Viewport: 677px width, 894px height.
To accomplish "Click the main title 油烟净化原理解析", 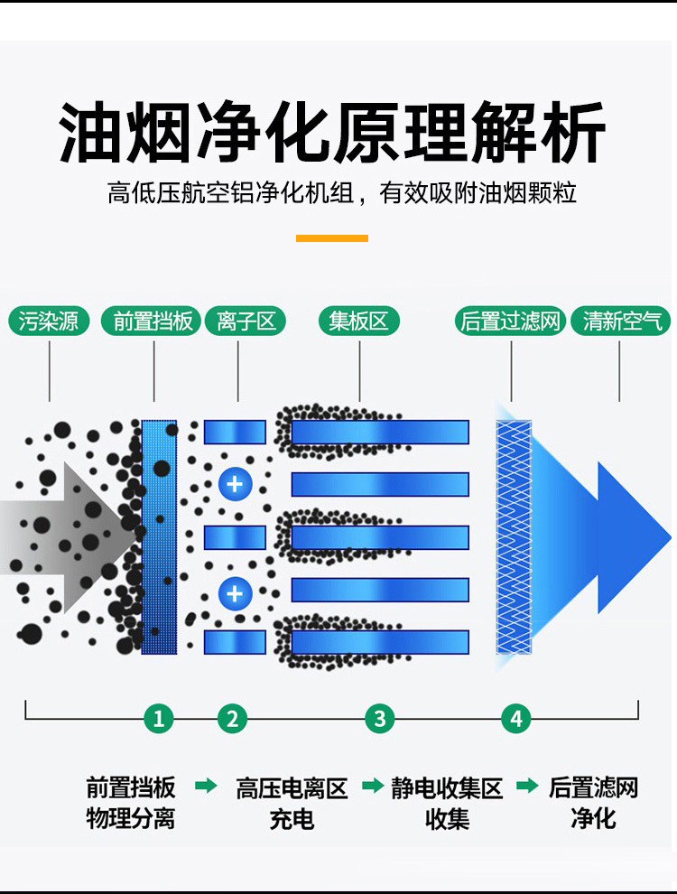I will point(332,134).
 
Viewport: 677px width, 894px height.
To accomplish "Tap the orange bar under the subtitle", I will point(332,238).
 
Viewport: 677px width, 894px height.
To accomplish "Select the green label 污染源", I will point(49,321).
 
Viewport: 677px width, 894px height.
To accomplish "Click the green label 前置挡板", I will point(153,321).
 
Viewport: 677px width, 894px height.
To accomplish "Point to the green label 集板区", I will point(358,321).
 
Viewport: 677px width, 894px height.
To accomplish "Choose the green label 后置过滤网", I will point(511,321).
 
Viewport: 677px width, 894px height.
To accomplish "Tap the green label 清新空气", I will point(621,321).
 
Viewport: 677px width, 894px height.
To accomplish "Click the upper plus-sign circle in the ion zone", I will point(235,483).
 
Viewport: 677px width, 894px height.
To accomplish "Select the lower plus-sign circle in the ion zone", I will point(235,593).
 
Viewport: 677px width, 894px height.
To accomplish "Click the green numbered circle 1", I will point(159,719).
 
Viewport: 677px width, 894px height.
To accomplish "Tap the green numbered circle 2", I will point(232,719).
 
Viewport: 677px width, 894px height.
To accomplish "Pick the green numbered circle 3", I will point(380,719).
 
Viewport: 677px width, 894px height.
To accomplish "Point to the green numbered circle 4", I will point(516,719).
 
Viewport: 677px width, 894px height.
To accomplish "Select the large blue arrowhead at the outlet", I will point(632,537).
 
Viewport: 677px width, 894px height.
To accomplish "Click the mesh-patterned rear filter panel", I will point(514,536).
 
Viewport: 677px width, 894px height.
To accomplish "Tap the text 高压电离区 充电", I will point(292,804).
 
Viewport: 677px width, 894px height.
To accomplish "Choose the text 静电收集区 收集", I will point(447,804).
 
